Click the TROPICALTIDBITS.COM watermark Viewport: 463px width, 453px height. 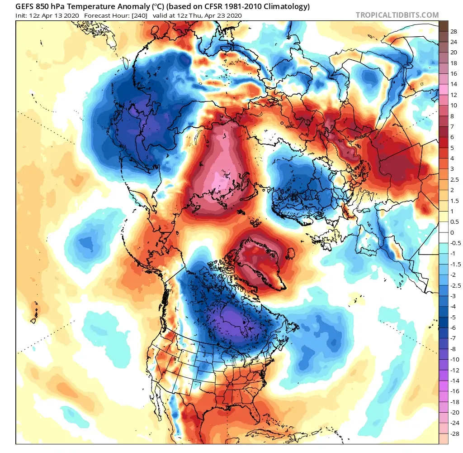[397, 15]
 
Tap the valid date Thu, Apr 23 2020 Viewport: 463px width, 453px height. [217, 15]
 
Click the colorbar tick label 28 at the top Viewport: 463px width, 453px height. [454, 32]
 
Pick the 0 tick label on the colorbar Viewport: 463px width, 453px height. [452, 232]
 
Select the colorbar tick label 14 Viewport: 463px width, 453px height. [454, 84]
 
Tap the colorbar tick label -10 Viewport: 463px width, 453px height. [455, 359]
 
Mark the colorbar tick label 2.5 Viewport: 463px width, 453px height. [455, 180]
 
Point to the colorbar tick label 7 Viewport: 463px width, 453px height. [452, 127]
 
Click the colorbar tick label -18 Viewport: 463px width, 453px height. [455, 402]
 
